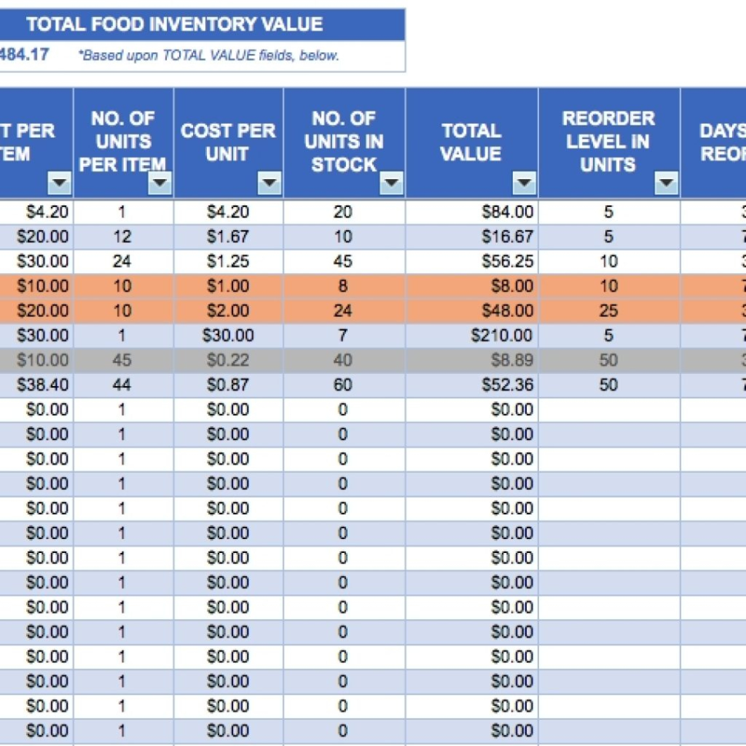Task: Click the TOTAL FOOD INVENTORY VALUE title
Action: [175, 24]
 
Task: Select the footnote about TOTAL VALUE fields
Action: [208, 55]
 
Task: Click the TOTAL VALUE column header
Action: [471, 142]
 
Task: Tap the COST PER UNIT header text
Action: [228, 142]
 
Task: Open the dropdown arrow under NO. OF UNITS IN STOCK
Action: [391, 183]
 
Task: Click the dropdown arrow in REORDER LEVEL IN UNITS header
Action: [666, 183]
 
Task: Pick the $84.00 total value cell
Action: [508, 212]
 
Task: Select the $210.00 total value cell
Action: [504, 335]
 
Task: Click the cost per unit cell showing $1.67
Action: [228, 237]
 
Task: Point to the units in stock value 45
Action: [343, 261]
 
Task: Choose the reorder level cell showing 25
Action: [608, 311]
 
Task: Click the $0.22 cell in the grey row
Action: [228, 360]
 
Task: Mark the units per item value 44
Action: [122, 385]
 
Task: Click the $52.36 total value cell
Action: [508, 385]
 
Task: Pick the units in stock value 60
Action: [343, 385]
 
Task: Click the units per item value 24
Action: [122, 261]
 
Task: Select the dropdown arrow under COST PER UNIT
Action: [269, 183]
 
